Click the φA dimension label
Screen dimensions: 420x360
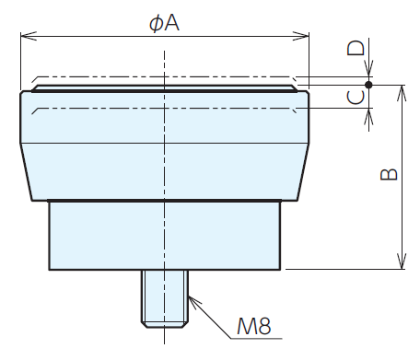[x=164, y=23]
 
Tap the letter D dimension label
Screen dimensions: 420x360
[x=356, y=48]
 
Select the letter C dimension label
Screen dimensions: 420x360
[x=356, y=98]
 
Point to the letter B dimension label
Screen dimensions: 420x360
[x=389, y=174]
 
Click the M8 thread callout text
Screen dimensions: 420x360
[x=254, y=326]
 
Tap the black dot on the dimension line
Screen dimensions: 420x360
[x=368, y=85]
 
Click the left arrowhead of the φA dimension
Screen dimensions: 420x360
[x=29, y=36]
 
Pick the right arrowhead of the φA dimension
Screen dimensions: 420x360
[x=301, y=36]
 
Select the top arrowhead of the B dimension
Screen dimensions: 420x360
[x=402, y=93]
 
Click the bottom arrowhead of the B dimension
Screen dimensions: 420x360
[x=402, y=261]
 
